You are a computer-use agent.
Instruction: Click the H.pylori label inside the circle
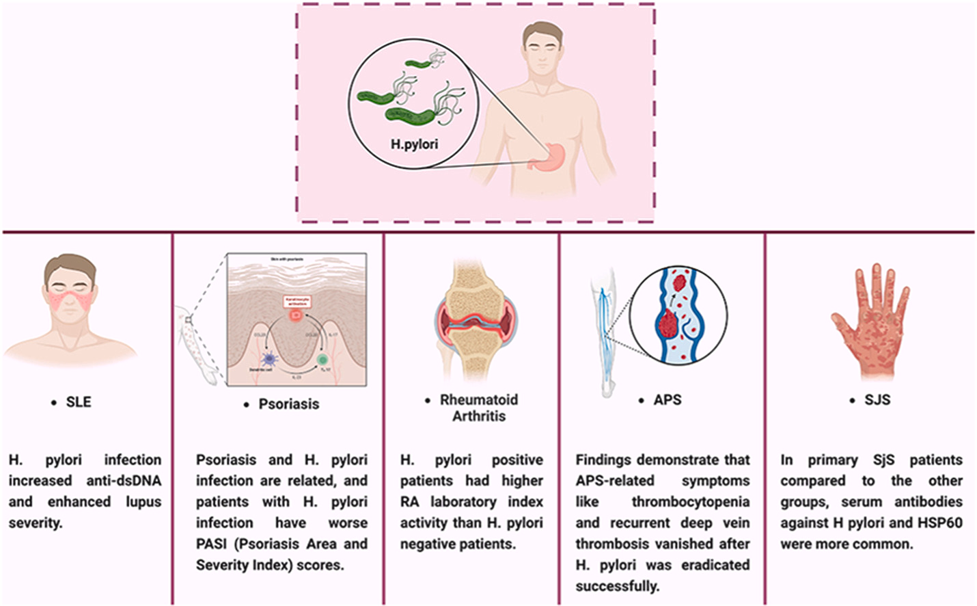click(414, 144)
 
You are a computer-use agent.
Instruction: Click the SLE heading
click(78, 402)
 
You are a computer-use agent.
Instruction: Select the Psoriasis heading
click(288, 404)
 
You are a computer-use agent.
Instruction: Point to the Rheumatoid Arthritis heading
click(478, 408)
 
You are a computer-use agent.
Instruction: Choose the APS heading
click(667, 400)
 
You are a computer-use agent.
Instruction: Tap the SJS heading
click(877, 400)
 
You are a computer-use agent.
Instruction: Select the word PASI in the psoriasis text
click(212, 544)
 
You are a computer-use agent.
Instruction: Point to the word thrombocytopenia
click(690, 502)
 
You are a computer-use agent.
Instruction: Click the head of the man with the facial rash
click(70, 288)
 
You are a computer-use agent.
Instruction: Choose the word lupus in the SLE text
click(143, 502)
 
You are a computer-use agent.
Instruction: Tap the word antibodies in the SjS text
click(928, 502)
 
